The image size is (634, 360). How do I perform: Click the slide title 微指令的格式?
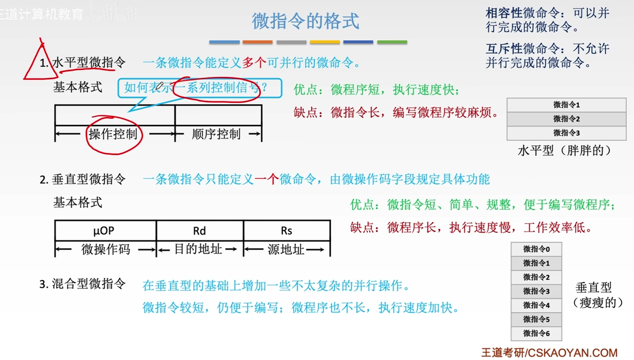(305, 21)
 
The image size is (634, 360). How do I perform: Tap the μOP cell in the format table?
(105, 230)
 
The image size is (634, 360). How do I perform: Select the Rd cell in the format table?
(200, 230)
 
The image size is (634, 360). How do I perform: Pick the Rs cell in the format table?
(286, 230)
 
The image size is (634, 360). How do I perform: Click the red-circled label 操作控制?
(113, 134)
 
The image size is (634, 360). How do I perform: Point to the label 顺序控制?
(216, 134)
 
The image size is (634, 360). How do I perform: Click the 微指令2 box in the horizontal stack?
(566, 119)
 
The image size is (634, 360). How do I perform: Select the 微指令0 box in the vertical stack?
(536, 249)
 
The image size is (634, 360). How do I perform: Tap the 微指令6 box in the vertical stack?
(536, 333)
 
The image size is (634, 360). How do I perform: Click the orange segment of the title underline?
(257, 42)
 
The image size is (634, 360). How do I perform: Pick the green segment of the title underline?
(392, 42)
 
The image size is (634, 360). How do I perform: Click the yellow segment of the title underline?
(325, 42)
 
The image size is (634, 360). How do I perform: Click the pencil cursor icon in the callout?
(159, 86)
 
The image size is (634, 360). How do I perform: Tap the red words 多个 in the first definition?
(254, 63)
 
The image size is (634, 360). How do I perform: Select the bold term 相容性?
(504, 13)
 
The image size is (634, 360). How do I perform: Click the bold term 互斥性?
(504, 49)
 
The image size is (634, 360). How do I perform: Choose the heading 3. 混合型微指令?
(82, 284)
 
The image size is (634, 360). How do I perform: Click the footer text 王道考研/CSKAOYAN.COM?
(550, 353)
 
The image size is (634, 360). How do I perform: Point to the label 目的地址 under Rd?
(198, 249)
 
